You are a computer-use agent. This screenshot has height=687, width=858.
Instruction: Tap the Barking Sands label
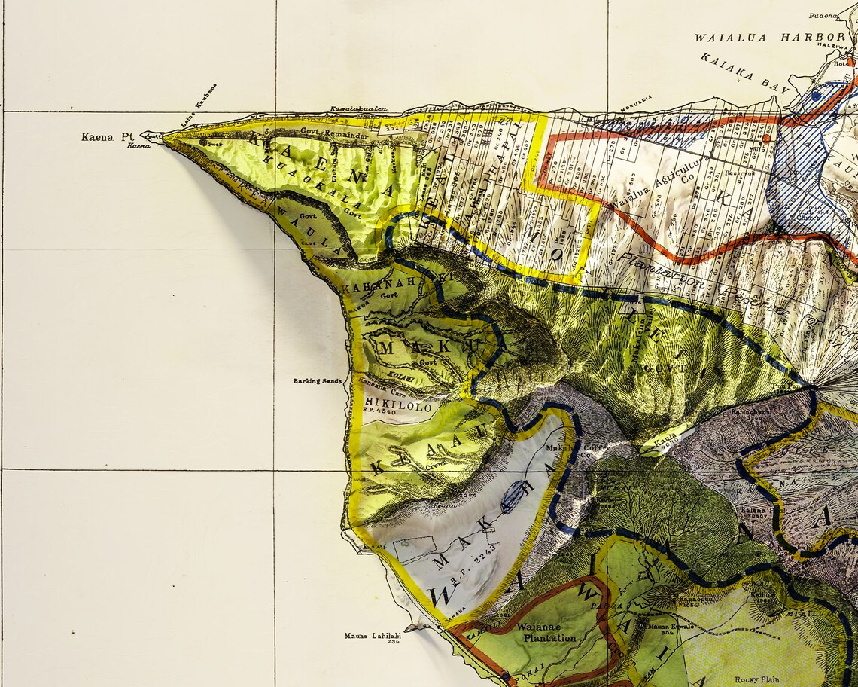(x=317, y=381)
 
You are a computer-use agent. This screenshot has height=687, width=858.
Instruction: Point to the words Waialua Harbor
(x=769, y=37)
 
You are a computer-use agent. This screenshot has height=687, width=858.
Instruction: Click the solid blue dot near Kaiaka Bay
(x=816, y=96)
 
